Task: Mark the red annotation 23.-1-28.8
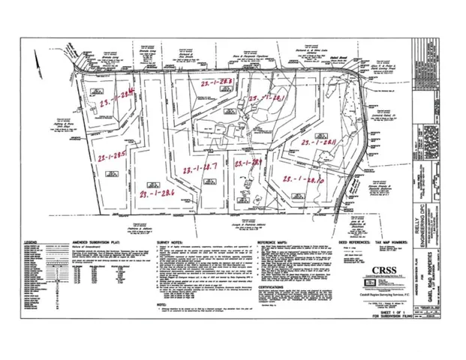coord(212,81)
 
